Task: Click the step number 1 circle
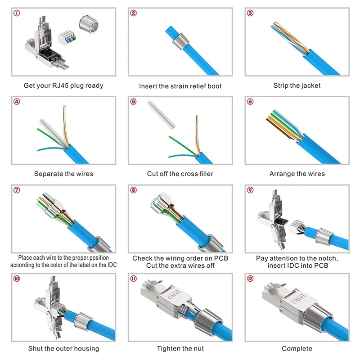[x=17, y=13]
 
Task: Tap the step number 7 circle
[x=17, y=189]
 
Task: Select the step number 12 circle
[x=251, y=278]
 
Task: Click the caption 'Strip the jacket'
[x=297, y=85]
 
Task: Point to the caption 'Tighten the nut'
[x=180, y=348]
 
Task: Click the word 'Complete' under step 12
[x=297, y=348]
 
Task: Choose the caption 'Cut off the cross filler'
[x=180, y=174]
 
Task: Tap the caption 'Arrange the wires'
[x=297, y=174]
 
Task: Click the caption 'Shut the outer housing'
[x=63, y=348]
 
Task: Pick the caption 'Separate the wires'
[x=63, y=174]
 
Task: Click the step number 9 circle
[x=251, y=189]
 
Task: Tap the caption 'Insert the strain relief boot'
[x=180, y=86]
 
